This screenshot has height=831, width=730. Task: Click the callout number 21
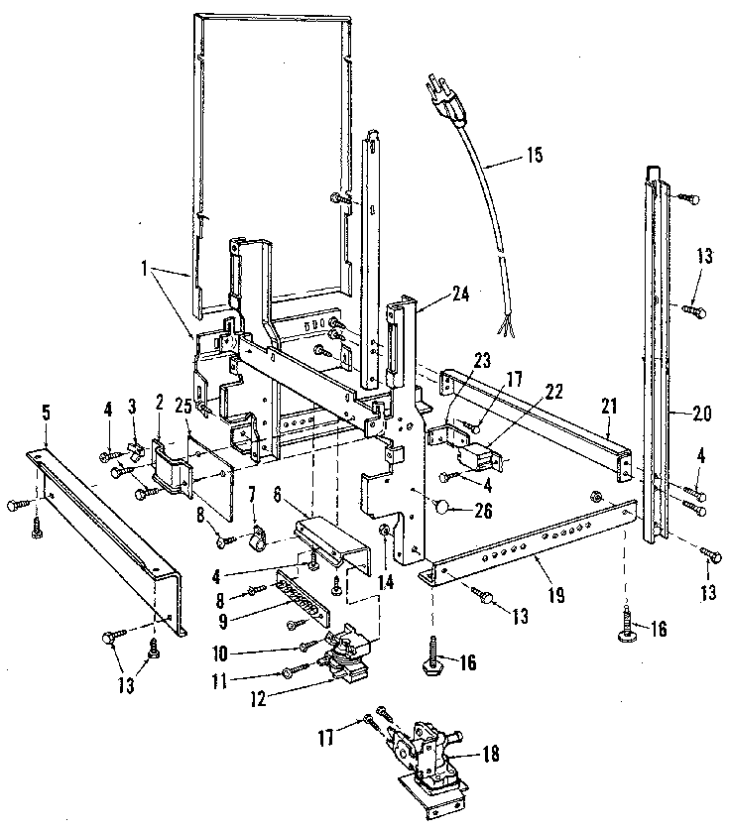(x=608, y=406)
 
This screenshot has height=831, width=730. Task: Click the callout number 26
(x=483, y=513)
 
